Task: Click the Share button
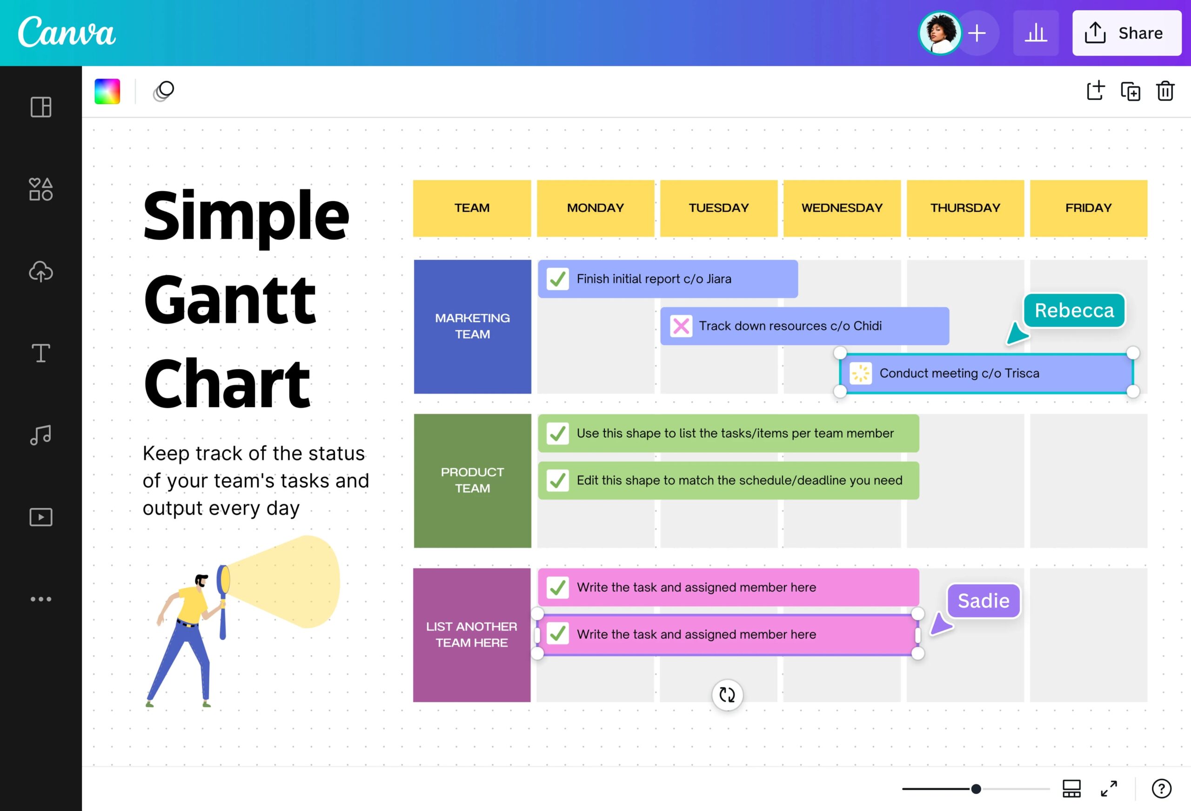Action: (x=1126, y=33)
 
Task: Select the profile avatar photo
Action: (x=940, y=33)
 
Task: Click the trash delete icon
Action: (x=1165, y=91)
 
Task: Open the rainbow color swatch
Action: (x=107, y=91)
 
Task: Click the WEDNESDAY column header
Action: (x=842, y=208)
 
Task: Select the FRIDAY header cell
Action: (x=1088, y=208)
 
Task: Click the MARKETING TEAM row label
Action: (x=472, y=327)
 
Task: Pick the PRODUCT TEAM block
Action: (x=472, y=480)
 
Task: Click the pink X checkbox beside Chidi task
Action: (x=681, y=326)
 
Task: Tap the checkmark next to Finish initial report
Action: (x=557, y=279)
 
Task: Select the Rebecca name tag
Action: (x=1074, y=310)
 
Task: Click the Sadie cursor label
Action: (x=983, y=600)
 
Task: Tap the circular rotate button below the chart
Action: (x=727, y=695)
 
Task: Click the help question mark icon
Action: (x=1161, y=789)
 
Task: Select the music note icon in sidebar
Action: (x=40, y=435)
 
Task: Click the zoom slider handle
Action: (x=976, y=789)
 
